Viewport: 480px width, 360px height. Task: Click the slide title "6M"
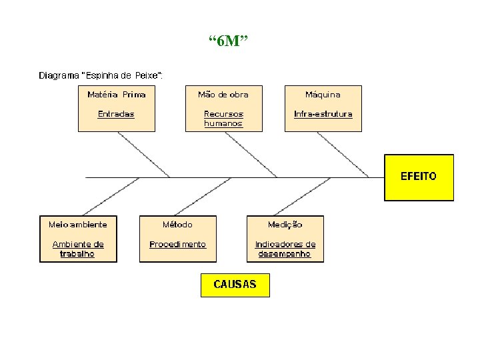point(228,42)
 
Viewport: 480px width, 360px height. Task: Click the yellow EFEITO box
point(419,177)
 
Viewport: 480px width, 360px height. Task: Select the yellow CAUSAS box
point(235,284)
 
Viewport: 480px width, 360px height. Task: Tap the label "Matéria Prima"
point(117,95)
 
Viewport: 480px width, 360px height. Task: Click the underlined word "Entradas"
point(116,114)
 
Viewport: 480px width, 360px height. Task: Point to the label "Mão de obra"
point(223,95)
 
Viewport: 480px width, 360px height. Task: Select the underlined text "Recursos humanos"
point(223,119)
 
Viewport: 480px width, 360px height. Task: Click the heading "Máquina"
point(323,95)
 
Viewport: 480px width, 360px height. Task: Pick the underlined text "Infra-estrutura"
point(323,114)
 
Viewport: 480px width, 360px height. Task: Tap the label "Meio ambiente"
point(78,225)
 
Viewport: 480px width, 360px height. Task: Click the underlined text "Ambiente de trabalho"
point(78,249)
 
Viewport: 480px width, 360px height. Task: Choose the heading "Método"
point(177,225)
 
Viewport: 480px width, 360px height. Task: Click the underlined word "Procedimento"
point(177,244)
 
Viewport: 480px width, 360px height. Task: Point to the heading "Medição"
point(285,225)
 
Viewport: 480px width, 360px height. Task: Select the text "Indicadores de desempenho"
point(285,249)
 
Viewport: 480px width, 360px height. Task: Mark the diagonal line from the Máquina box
point(343,155)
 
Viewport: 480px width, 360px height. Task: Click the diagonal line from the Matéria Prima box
point(143,155)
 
